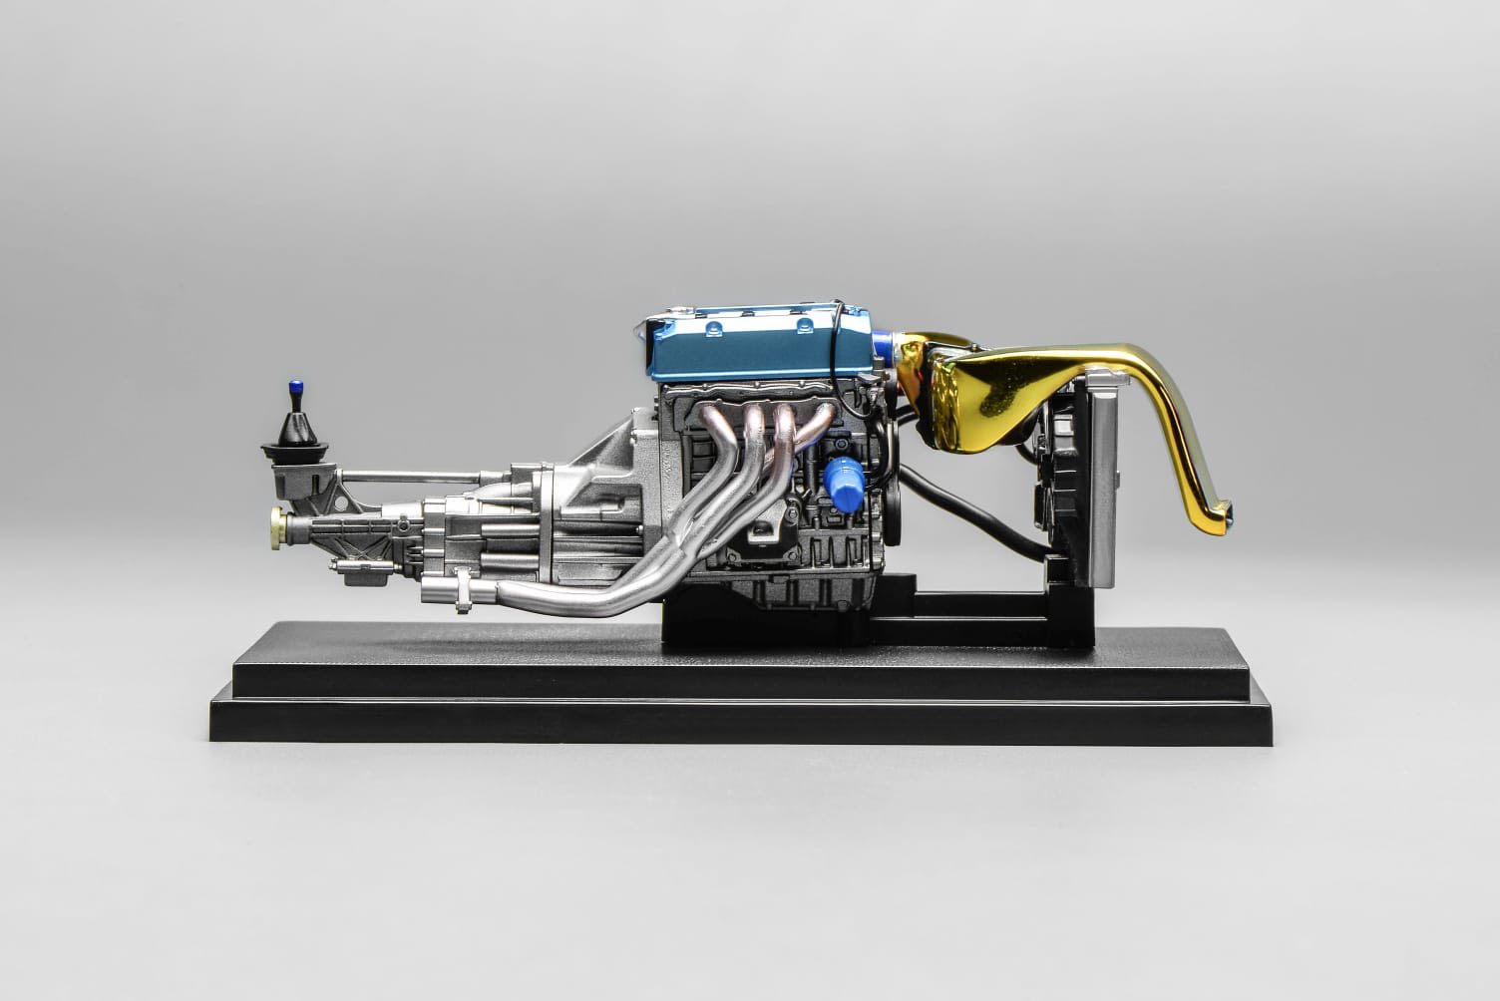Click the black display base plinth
[x=748, y=698]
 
